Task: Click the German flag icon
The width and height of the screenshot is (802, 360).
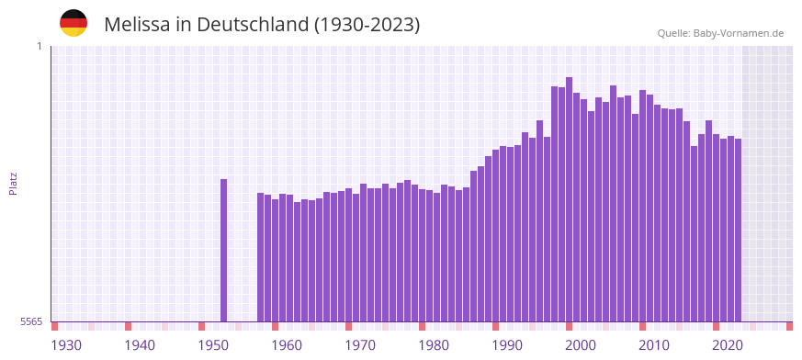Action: pyautogui.click(x=73, y=23)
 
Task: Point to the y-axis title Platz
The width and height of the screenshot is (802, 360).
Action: pyautogui.click(x=13, y=183)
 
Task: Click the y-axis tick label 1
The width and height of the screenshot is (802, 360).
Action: pyautogui.click(x=39, y=46)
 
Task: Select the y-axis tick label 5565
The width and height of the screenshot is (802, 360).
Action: pyautogui.click(x=30, y=321)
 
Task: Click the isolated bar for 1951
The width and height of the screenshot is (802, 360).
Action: pyautogui.click(x=223, y=250)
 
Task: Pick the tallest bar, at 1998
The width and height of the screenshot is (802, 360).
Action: pyautogui.click(x=569, y=199)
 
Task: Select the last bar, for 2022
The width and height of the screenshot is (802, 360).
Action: pyautogui.click(x=738, y=230)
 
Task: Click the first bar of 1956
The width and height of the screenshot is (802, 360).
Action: pyautogui.click(x=260, y=257)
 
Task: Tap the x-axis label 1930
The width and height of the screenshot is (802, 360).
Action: pyautogui.click(x=66, y=345)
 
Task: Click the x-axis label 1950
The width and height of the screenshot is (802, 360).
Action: pyautogui.click(x=213, y=345)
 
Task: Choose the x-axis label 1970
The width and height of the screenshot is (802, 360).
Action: pyautogui.click(x=360, y=345)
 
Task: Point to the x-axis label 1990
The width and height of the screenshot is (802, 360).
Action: pyautogui.click(x=507, y=345)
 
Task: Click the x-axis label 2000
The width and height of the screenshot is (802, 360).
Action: pyautogui.click(x=581, y=345)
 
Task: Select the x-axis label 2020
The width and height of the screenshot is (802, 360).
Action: pyautogui.click(x=728, y=345)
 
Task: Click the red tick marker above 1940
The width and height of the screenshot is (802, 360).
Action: pyautogui.click(x=128, y=326)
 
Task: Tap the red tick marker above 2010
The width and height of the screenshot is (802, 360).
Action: pyautogui.click(x=642, y=326)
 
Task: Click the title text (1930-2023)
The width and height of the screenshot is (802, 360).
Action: pyautogui.click(x=367, y=25)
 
